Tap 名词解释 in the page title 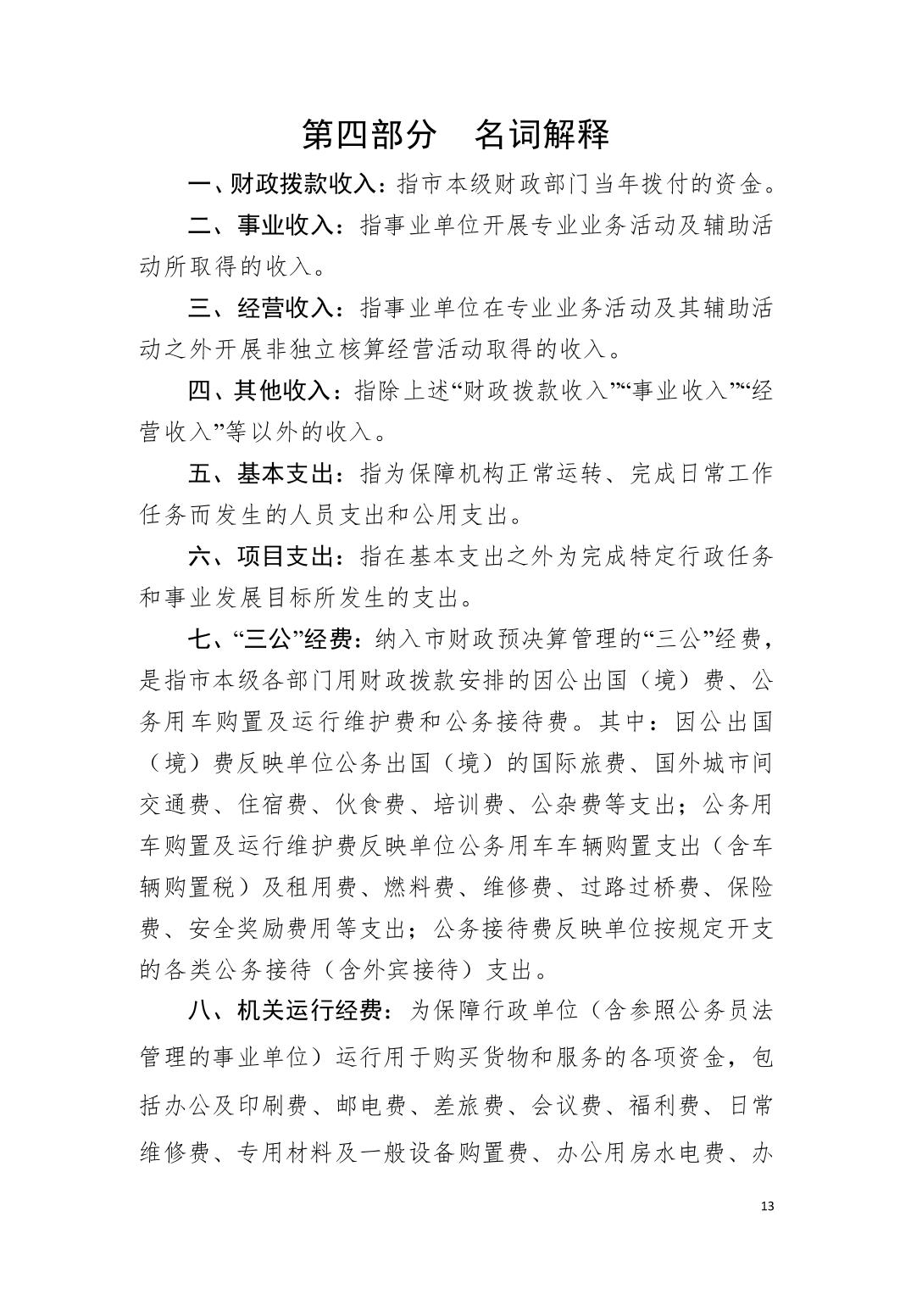pyautogui.click(x=542, y=134)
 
